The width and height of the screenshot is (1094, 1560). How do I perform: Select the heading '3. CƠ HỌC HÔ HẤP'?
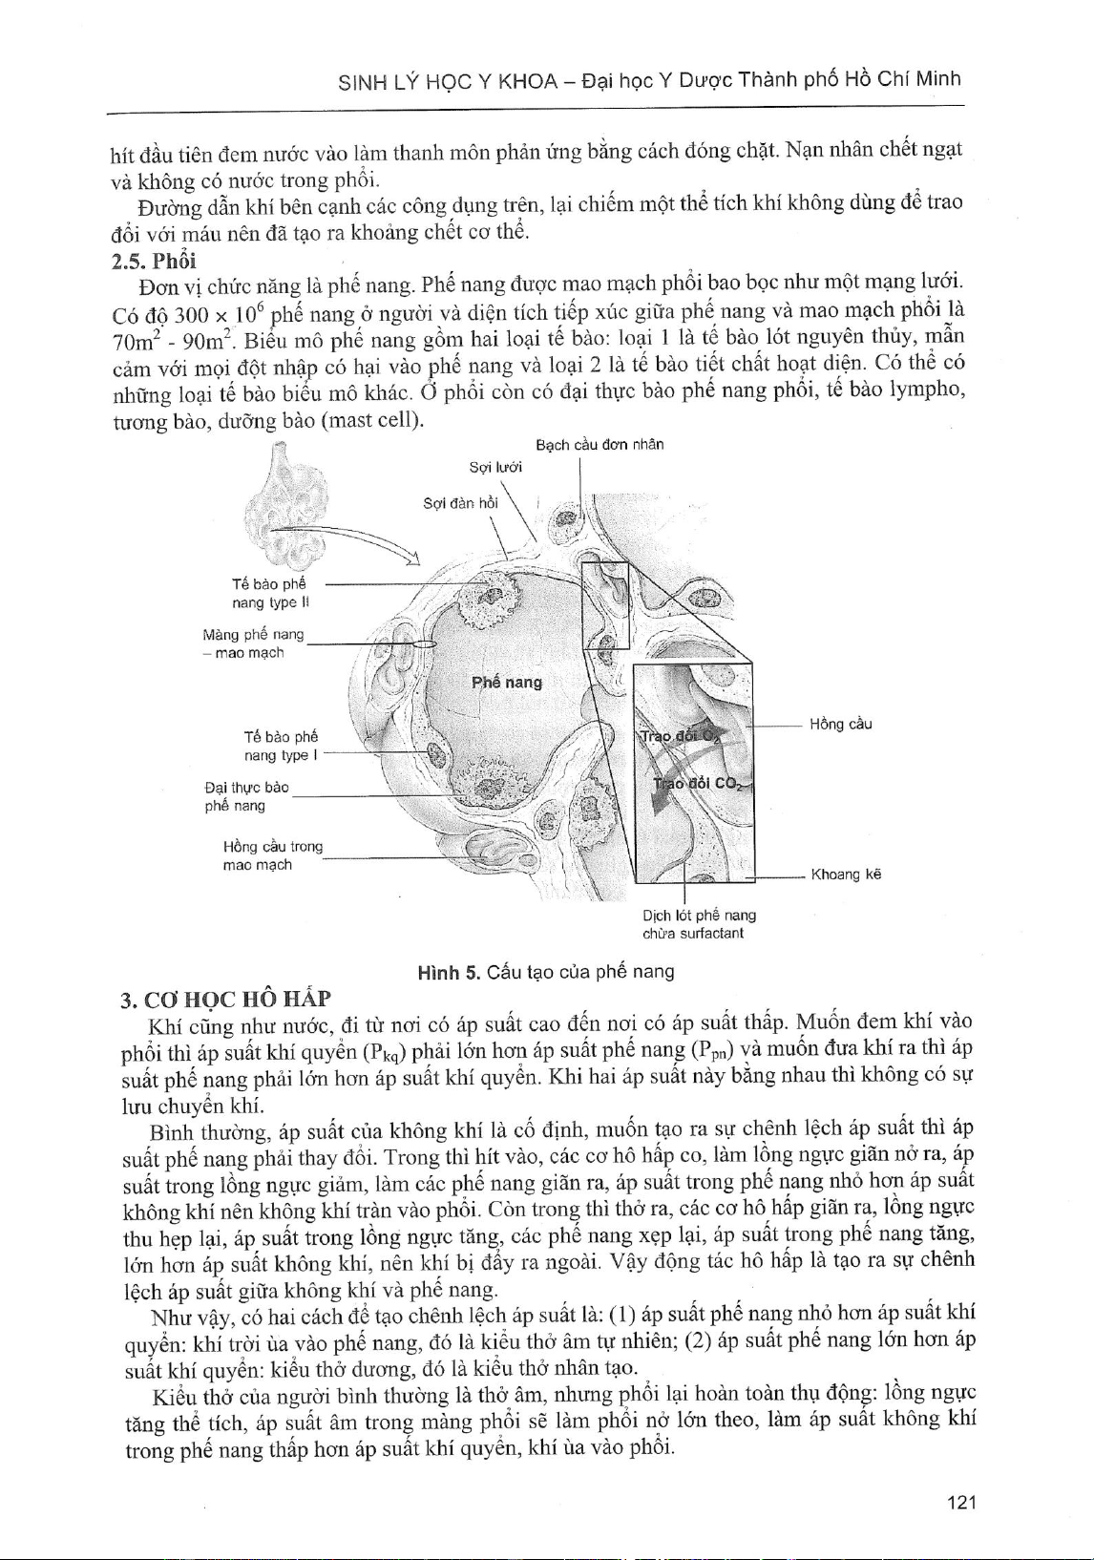[223, 999]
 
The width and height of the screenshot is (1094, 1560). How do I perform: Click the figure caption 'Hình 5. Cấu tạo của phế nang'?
[546, 972]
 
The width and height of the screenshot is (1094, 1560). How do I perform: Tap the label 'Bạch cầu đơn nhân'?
[600, 445]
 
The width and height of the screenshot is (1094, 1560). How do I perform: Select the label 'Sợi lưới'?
[495, 468]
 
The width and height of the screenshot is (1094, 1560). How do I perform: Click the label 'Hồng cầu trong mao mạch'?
[272, 855]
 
